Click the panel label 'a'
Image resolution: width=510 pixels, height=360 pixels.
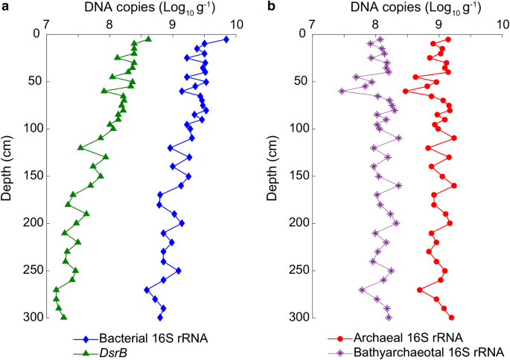click(4, 7)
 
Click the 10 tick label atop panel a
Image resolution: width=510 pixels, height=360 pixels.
click(237, 24)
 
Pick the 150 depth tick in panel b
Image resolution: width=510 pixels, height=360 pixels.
click(295, 176)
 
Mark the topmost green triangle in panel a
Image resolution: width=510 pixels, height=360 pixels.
click(147, 39)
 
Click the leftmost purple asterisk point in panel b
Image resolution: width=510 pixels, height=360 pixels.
click(342, 91)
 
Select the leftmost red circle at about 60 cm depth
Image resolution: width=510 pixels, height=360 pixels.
click(406, 91)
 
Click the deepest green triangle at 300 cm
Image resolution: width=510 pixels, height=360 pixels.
click(64, 317)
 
